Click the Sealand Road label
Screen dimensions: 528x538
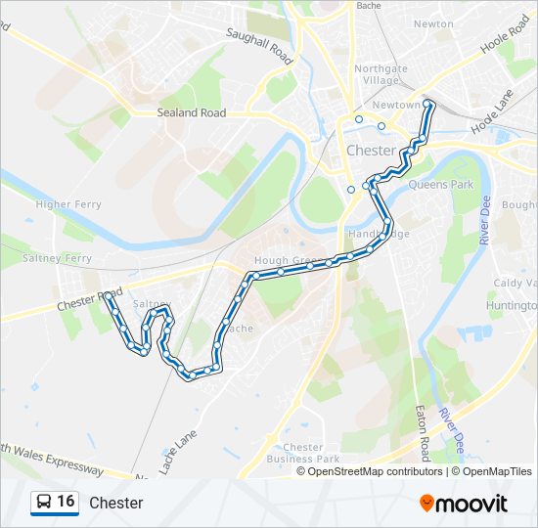coord(191,113)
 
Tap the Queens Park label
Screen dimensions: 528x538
coord(440,184)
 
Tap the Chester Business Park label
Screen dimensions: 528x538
coord(302,453)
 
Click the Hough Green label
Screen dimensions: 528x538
coord(288,261)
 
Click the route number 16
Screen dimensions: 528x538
coord(66,502)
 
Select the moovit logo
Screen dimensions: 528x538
coord(464,504)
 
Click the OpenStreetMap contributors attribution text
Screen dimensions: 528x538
coord(375,471)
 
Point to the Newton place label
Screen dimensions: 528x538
coord(433,23)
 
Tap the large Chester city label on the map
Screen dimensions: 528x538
coord(371,151)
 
